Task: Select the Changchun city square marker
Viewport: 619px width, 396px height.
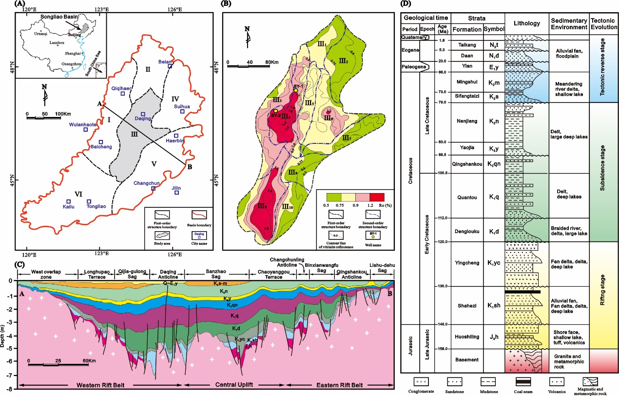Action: (154, 189)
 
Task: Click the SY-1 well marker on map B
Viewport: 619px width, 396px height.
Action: (295, 91)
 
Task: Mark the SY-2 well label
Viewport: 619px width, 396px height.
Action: (275, 116)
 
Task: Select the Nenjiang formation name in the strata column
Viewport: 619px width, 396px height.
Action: (467, 123)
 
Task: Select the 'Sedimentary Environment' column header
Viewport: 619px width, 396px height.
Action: (568, 24)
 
